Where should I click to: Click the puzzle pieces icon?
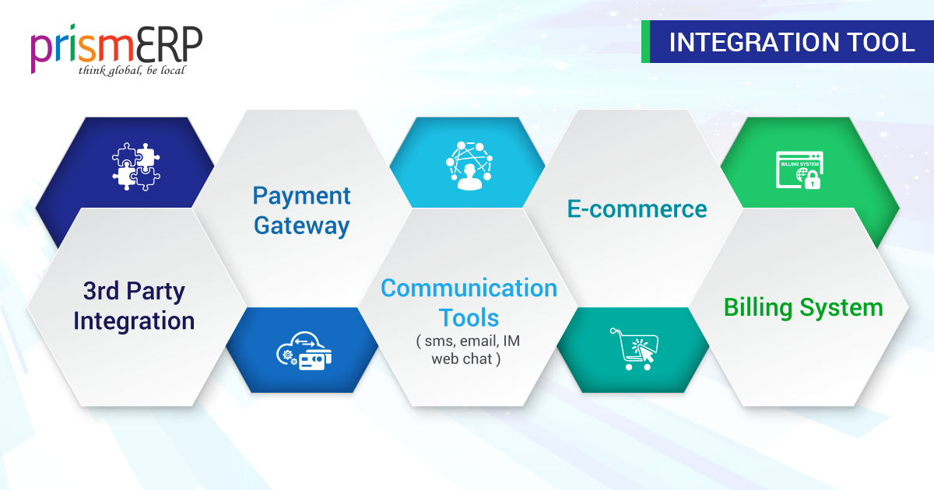[136, 166]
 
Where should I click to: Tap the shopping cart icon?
[634, 349]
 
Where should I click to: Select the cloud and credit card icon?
[304, 351]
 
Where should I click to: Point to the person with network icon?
[469, 166]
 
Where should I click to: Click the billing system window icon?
[799, 170]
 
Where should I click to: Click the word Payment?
[301, 197]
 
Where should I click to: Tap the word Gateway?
[301, 226]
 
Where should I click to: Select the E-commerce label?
[637, 208]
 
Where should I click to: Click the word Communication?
[469, 288]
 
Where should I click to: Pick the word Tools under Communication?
[469, 318]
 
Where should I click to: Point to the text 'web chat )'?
[465, 359]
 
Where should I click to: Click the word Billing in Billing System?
[757, 308]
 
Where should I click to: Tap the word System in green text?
[841, 308]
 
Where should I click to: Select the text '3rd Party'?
[134, 291]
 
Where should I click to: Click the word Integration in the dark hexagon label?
[134, 321]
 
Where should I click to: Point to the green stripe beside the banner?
[645, 42]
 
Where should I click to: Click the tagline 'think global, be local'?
[132, 70]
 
